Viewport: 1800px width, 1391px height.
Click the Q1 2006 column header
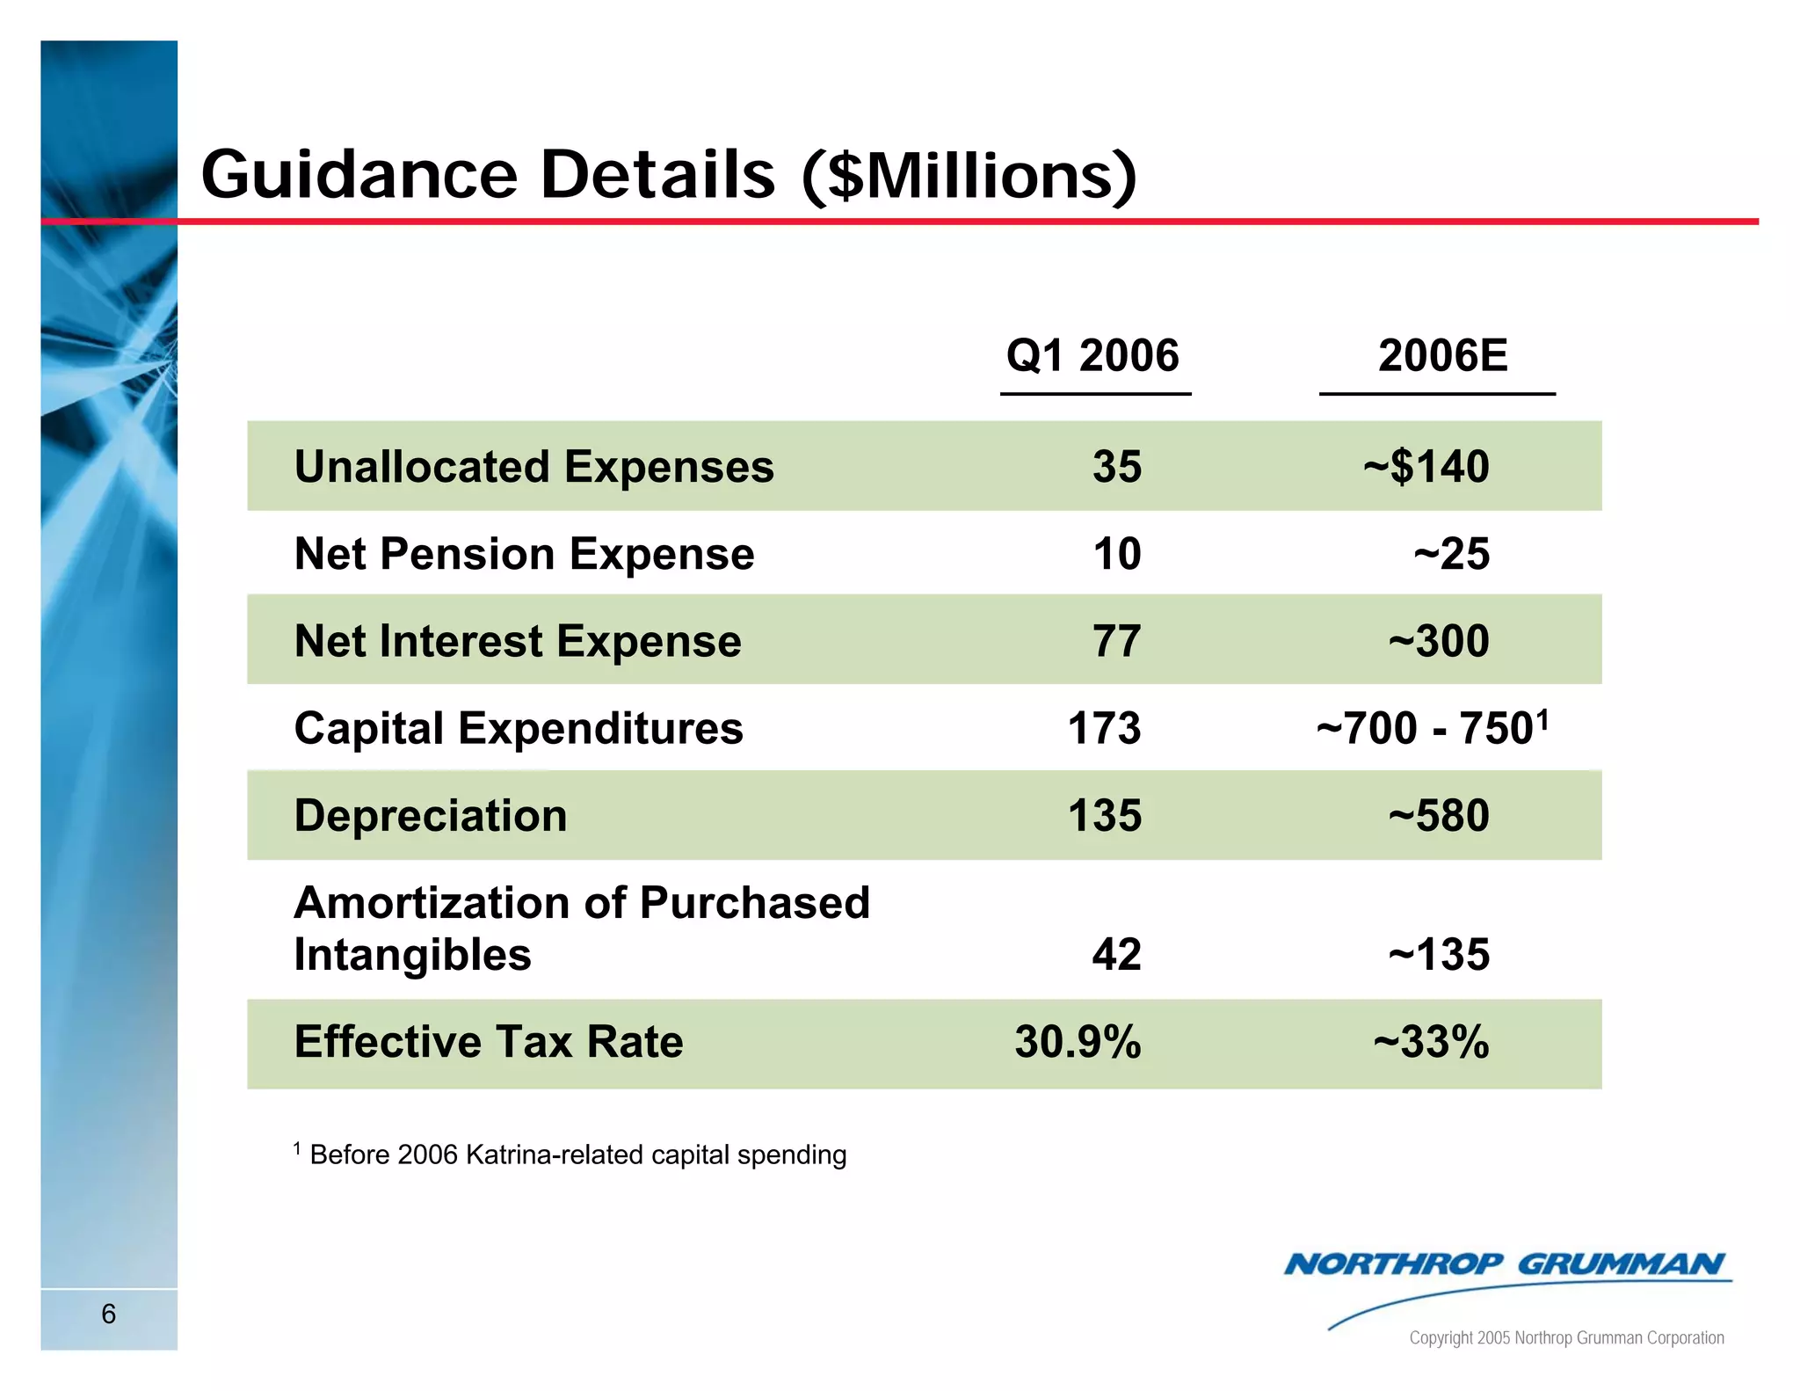[x=1092, y=356]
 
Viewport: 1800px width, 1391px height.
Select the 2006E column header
[x=1442, y=356]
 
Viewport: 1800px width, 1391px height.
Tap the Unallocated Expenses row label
[x=533, y=466]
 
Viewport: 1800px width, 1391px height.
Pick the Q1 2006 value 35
[x=1116, y=466]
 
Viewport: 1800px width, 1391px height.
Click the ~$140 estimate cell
[x=1426, y=466]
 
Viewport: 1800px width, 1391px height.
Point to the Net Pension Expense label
[x=524, y=554]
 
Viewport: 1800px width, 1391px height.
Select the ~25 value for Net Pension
[x=1451, y=554]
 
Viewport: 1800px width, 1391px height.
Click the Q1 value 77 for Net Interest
[x=1116, y=641]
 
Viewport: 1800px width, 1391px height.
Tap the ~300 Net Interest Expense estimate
[x=1439, y=641]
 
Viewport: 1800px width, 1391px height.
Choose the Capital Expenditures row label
[x=519, y=728]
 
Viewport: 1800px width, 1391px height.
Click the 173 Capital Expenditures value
[x=1104, y=728]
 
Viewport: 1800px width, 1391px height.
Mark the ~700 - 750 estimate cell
[x=1431, y=728]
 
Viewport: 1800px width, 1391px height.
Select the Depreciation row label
[x=431, y=815]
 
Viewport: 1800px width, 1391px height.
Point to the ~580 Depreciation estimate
[x=1439, y=815]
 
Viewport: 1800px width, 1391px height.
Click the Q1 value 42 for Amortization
[x=1116, y=954]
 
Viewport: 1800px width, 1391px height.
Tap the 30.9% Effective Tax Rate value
[x=1078, y=1042]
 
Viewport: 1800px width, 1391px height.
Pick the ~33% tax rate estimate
[x=1431, y=1042]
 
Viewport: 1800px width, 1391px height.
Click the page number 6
[x=109, y=1314]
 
